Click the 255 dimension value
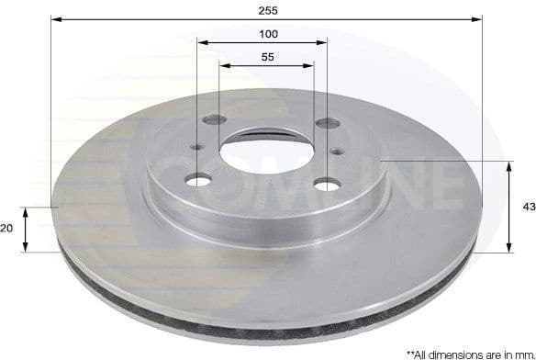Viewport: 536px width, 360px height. click(x=267, y=10)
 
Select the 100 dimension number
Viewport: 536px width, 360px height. click(x=268, y=34)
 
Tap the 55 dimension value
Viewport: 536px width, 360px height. click(x=268, y=57)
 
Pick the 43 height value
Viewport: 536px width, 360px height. click(x=528, y=207)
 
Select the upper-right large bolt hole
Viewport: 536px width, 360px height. click(x=324, y=123)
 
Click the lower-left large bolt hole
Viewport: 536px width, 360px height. click(x=198, y=180)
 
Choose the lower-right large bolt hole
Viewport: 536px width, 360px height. click(x=326, y=186)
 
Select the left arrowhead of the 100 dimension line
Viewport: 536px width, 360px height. click(x=202, y=41)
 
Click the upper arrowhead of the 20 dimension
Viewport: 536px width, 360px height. click(x=27, y=211)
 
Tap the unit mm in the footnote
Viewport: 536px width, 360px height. click(x=519, y=353)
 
